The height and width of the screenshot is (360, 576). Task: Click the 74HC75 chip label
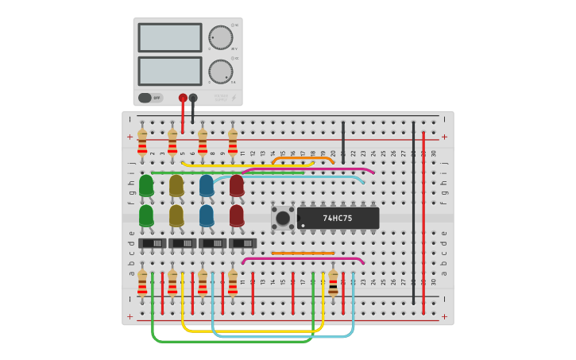tap(338, 218)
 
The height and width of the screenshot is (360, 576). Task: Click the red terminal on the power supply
tap(183, 98)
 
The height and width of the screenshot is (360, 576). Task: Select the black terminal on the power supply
tap(193, 98)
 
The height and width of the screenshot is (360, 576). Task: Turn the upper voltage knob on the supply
tap(220, 37)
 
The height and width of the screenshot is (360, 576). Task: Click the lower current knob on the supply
tap(220, 72)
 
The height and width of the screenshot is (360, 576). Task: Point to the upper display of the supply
tap(170, 37)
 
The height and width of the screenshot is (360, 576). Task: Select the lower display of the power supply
tap(170, 71)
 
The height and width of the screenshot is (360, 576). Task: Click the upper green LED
tap(146, 185)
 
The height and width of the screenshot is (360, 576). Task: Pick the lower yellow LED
tap(176, 215)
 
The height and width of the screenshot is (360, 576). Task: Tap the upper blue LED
tap(207, 185)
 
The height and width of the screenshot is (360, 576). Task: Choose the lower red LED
tap(237, 215)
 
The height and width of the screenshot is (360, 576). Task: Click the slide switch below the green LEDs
tap(152, 243)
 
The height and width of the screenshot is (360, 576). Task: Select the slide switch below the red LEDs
tap(242, 243)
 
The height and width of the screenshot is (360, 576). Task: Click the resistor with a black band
tap(333, 282)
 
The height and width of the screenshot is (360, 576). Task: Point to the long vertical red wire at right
tap(423, 223)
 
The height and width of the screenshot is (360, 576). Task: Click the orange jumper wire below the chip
tap(303, 253)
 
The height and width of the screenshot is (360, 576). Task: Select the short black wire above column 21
tap(343, 141)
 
